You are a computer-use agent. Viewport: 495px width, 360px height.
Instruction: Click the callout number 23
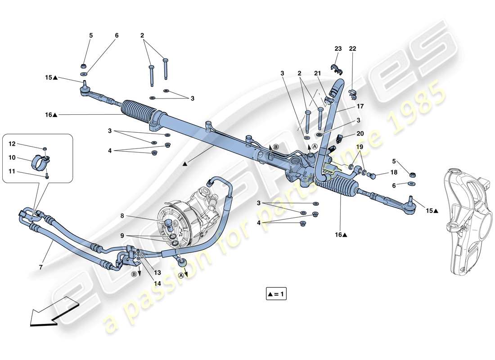coord(338,49)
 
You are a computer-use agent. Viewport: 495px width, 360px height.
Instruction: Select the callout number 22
coord(352,49)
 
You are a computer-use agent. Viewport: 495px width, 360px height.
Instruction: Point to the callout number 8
coord(121,216)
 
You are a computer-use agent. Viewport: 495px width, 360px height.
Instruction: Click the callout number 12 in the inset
coord(12,144)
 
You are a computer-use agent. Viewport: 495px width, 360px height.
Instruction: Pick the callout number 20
coord(360,133)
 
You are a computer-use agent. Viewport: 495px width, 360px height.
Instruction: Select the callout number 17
coord(360,107)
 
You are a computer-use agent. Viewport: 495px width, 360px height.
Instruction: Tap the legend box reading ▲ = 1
coord(276,295)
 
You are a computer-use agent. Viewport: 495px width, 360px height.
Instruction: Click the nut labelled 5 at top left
coord(83,63)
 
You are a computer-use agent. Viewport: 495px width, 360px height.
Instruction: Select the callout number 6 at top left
coord(117,36)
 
